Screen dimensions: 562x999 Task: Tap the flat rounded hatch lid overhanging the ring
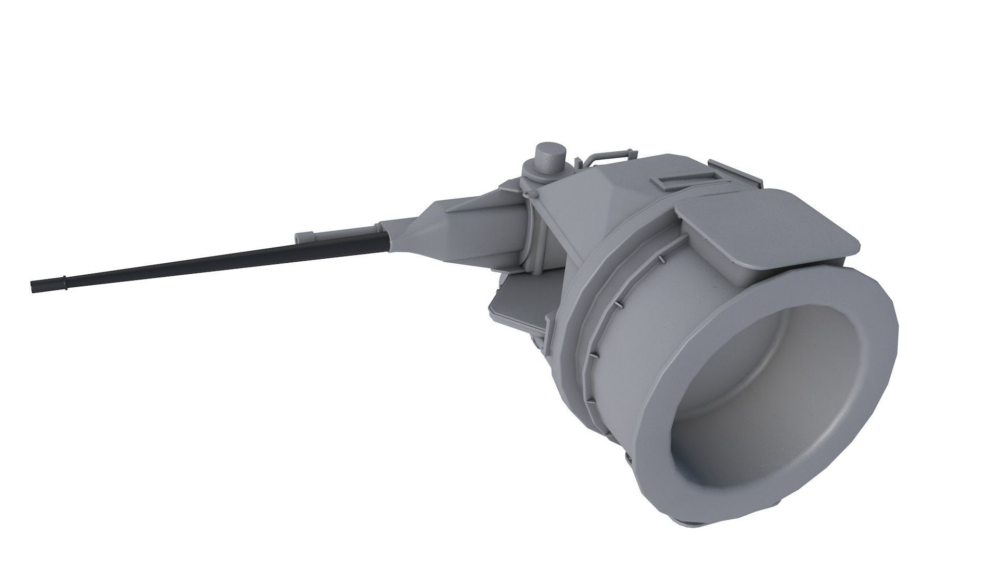tap(770, 224)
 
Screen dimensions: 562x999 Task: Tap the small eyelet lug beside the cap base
tap(530, 195)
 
